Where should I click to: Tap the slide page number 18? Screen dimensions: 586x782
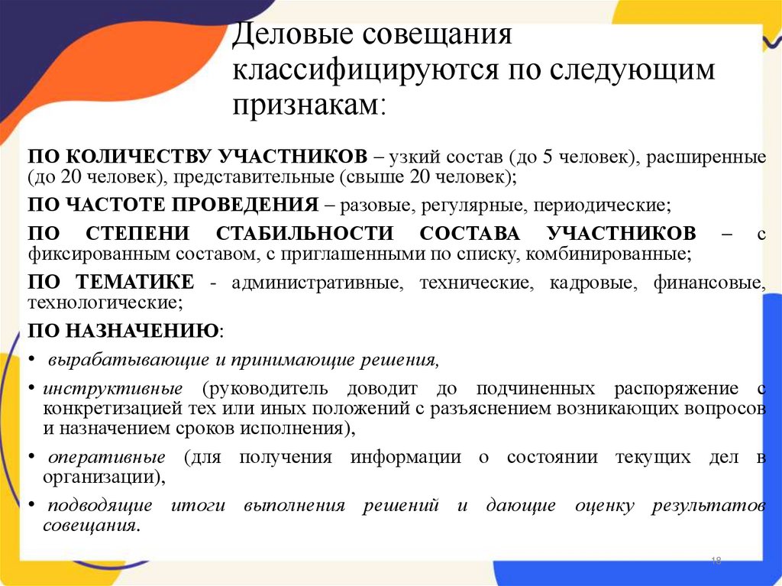click(716, 562)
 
